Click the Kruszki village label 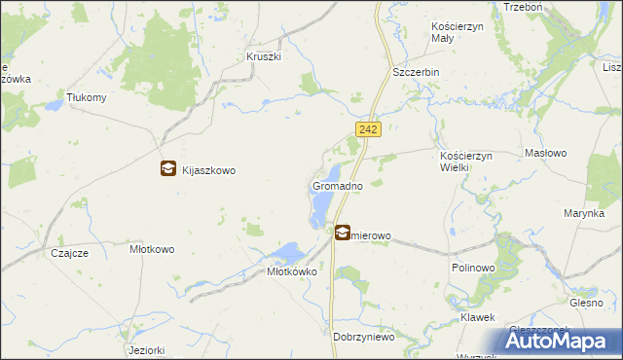(x=264, y=57)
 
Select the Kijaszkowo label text (x=209, y=169)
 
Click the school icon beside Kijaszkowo (x=168, y=168)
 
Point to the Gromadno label (x=338, y=185)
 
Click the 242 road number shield (x=367, y=129)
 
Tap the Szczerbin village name (x=417, y=73)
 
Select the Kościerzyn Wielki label (x=468, y=162)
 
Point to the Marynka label (x=584, y=213)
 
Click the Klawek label (x=478, y=318)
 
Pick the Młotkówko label (x=293, y=272)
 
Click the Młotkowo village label (x=152, y=249)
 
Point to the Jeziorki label (x=145, y=349)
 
